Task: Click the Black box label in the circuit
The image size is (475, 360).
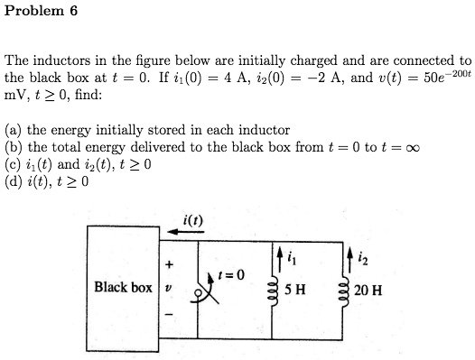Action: click(x=123, y=288)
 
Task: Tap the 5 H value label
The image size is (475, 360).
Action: click(x=295, y=291)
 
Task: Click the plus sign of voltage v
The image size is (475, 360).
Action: click(x=167, y=266)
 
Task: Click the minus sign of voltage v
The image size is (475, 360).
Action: click(x=167, y=313)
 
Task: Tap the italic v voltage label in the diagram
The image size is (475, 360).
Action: click(x=167, y=290)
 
